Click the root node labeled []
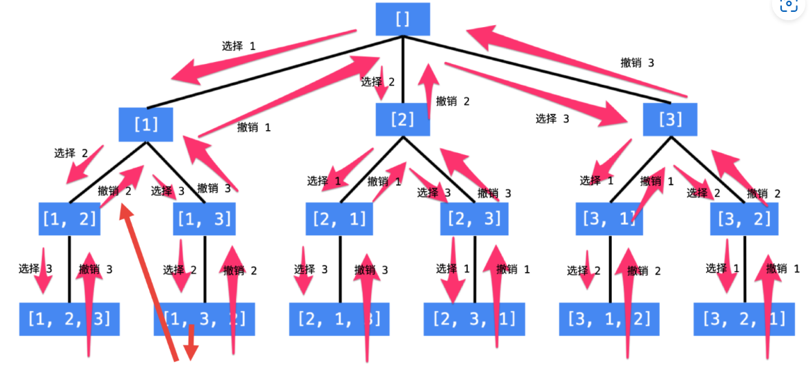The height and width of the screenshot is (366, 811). coord(402,19)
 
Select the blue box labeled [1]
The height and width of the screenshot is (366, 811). coord(145,125)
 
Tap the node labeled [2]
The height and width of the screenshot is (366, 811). coord(402,119)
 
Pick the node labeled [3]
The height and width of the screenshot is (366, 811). coord(670,119)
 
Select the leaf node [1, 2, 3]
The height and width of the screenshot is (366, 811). coord(69,319)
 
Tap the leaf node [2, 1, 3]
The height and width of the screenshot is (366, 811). coord(340,319)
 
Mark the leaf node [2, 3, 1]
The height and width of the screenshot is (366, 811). coord(475,319)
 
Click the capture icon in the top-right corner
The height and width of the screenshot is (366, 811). coord(789,6)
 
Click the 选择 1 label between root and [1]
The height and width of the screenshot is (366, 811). coord(239,47)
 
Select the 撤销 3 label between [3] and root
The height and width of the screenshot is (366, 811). coord(637,63)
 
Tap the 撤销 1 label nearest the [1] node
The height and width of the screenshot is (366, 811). coord(254,127)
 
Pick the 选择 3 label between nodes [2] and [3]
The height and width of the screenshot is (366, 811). coord(552,118)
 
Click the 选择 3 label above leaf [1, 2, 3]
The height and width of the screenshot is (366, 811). coord(36,269)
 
